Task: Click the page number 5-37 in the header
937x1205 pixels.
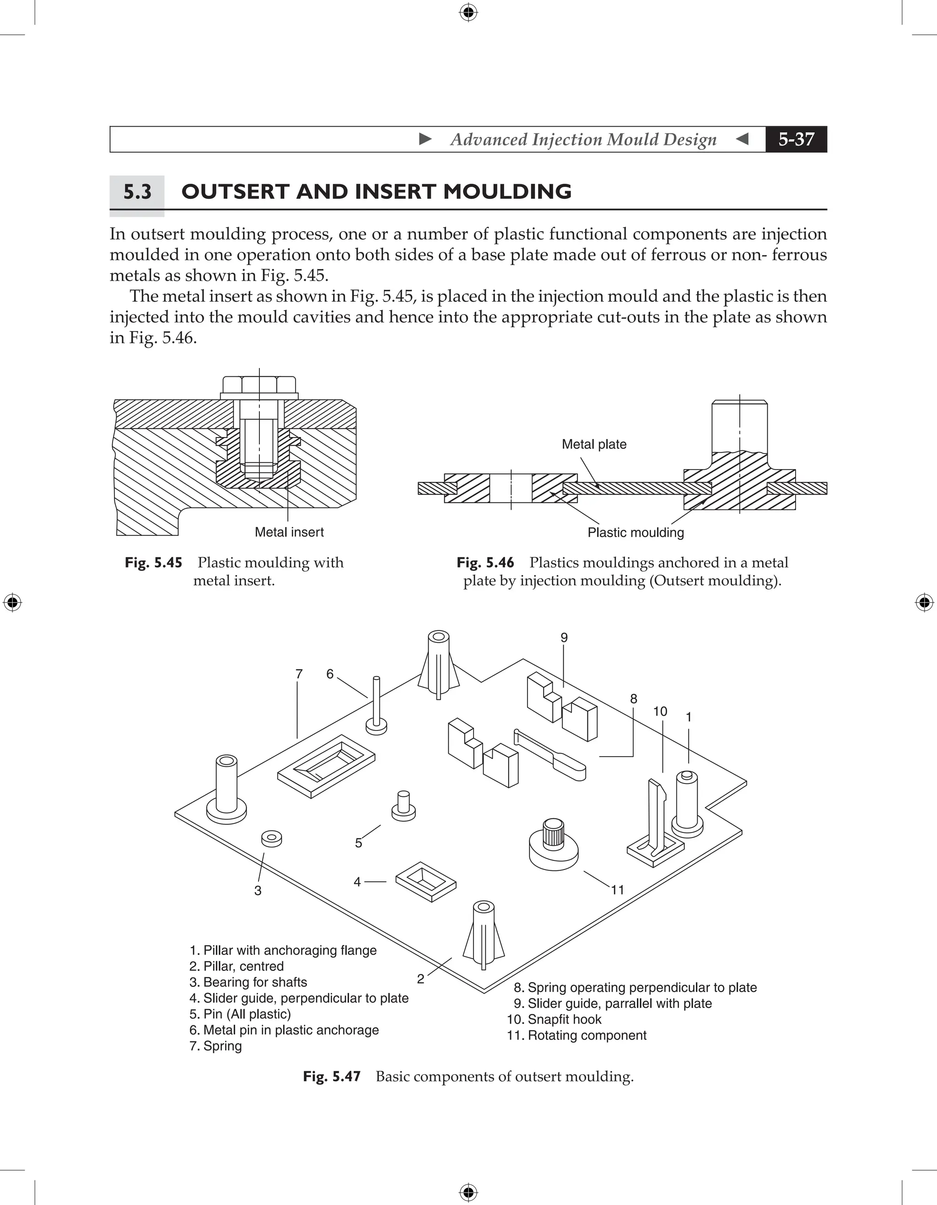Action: point(796,139)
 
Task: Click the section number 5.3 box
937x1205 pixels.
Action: point(137,192)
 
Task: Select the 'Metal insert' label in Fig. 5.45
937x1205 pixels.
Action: point(289,532)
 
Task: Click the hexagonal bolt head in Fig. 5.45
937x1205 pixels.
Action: point(259,384)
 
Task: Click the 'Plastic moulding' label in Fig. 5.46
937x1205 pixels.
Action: point(635,533)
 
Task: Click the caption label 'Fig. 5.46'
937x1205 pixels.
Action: point(485,562)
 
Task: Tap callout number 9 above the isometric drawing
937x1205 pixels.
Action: point(564,638)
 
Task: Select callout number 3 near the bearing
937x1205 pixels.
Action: point(258,890)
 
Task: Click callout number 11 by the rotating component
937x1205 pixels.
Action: point(617,890)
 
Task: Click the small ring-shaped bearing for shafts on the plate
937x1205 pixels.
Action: point(271,839)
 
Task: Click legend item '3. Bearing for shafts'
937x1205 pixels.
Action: point(248,982)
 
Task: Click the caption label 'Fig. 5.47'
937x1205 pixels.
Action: point(331,1077)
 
